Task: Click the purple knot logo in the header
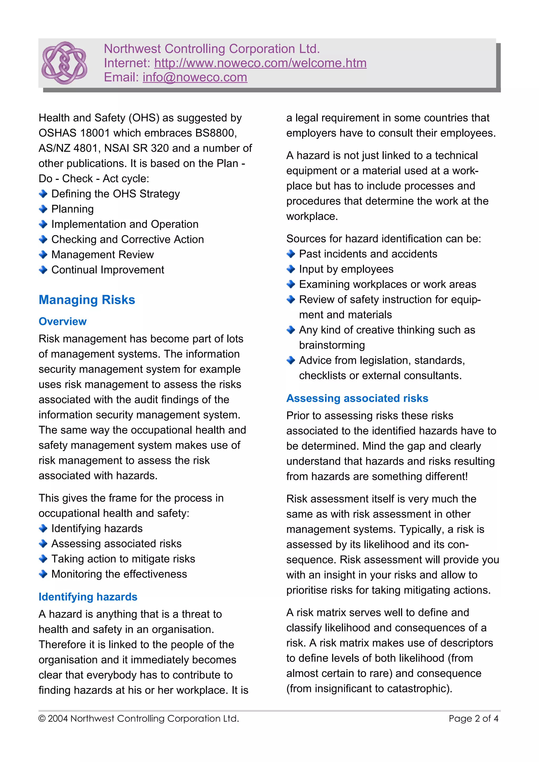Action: pos(64,63)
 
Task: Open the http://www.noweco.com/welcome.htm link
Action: pos(260,63)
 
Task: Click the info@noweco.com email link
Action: pos(195,77)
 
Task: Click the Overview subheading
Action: pos(62,321)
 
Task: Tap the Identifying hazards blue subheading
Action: pos(88,597)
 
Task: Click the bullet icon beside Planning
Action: pos(43,209)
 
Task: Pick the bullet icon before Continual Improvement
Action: pos(43,270)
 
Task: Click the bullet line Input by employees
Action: pos(346,269)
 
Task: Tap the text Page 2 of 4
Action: pos(473,719)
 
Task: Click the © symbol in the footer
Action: pos(42,719)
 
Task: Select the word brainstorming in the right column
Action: pos(332,345)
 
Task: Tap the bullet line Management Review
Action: pos(102,255)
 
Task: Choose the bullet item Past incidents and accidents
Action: pos(368,254)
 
